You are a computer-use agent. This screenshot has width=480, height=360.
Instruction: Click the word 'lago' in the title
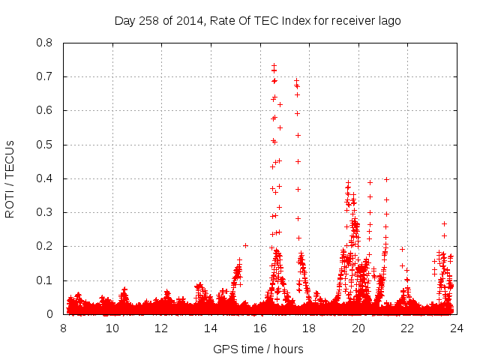pos(388,20)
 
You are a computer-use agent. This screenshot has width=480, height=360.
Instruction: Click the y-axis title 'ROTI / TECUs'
pos(10,178)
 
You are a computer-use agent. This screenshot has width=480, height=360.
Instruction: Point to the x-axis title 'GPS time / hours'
pos(259,349)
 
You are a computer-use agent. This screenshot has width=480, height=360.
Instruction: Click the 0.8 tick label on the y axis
pos(45,43)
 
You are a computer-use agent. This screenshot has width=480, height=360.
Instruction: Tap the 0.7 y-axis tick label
pos(45,76)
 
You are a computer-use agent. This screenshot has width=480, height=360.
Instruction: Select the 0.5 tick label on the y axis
pos(45,145)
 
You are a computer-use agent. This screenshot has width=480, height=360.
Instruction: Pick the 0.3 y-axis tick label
pos(45,212)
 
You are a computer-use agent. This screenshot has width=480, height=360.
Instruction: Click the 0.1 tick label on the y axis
pos(45,280)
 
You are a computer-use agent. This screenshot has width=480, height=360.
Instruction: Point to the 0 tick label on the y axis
pos(52,314)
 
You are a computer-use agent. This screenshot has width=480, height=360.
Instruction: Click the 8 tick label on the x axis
pos(64,328)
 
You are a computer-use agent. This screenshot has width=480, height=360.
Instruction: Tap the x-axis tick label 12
pos(162,328)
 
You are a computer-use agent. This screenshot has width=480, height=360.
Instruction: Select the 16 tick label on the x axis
pos(260,328)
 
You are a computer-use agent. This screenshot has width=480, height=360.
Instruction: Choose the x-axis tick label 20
pos(358,328)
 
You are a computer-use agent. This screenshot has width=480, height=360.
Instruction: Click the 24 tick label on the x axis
pos(457,328)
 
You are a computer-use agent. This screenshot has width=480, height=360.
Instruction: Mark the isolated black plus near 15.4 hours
pos(245,245)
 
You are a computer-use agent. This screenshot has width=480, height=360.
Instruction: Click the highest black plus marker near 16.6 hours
pos(274,66)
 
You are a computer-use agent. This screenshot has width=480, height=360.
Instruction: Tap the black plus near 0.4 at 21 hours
pos(386,179)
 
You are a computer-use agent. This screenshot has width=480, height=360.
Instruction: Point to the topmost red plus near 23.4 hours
pos(444,223)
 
